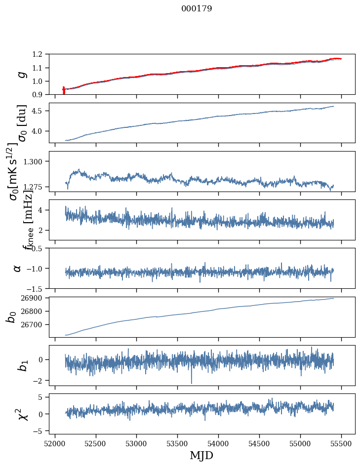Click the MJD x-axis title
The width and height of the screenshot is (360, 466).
[201, 455]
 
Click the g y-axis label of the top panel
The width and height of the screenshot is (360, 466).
[21, 74]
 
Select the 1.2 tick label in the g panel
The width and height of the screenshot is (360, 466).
[42, 54]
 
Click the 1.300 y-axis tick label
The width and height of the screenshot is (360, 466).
[39, 161]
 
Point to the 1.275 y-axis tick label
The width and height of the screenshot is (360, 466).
[39, 187]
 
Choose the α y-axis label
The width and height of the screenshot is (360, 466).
[17, 268]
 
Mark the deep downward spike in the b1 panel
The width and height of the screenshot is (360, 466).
[192, 383]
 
